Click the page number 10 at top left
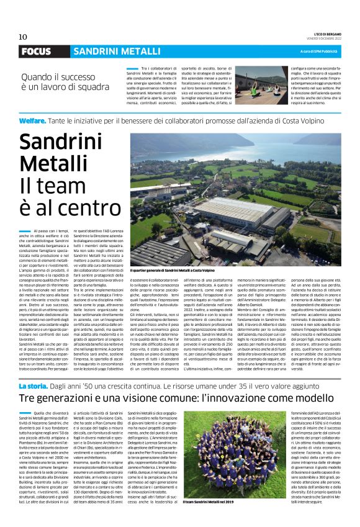[x=23, y=36]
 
